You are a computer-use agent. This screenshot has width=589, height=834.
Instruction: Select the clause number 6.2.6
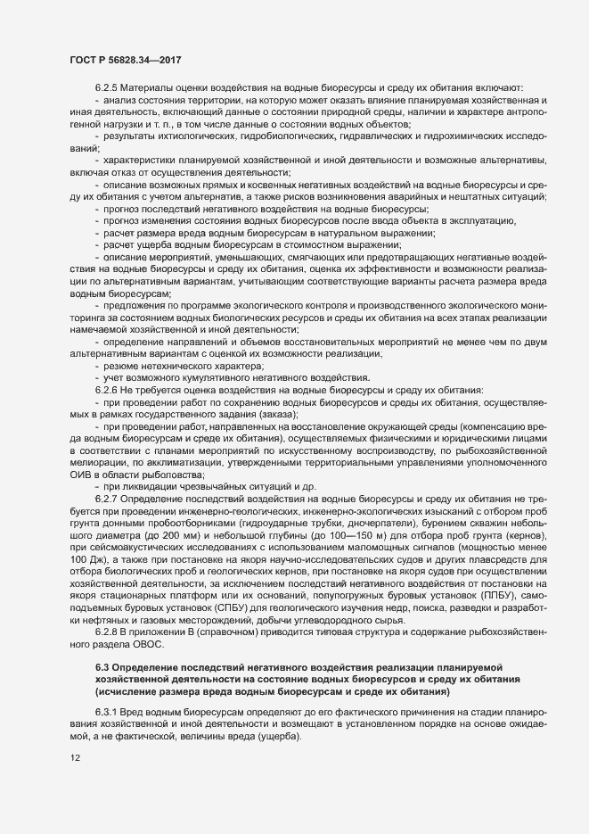pyautogui.click(x=106, y=391)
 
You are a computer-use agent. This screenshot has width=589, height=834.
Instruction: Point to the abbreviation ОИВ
pyautogui.click(x=81, y=476)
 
